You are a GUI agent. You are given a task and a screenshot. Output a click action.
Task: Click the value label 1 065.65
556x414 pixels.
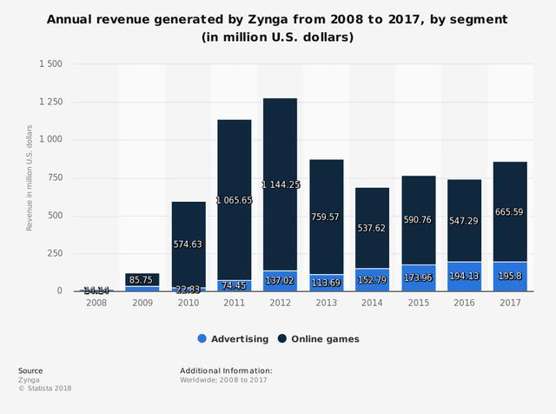[x=234, y=199]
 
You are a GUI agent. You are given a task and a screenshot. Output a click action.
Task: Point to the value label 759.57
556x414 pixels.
[x=326, y=217]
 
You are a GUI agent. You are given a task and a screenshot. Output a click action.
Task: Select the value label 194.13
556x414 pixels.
[x=463, y=275]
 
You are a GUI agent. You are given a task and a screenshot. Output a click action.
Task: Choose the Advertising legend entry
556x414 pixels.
[x=230, y=338]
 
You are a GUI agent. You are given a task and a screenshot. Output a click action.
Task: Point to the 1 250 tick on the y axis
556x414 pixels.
[x=49, y=102]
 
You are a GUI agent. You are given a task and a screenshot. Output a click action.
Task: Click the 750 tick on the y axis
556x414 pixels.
[x=54, y=177]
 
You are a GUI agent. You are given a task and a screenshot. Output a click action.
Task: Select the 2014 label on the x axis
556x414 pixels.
[x=372, y=302]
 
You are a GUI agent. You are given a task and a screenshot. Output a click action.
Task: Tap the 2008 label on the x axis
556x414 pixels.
[x=96, y=302]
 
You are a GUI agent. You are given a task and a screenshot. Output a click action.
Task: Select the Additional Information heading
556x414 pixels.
[x=226, y=371]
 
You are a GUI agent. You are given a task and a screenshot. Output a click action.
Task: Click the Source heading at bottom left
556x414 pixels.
[x=30, y=371]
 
